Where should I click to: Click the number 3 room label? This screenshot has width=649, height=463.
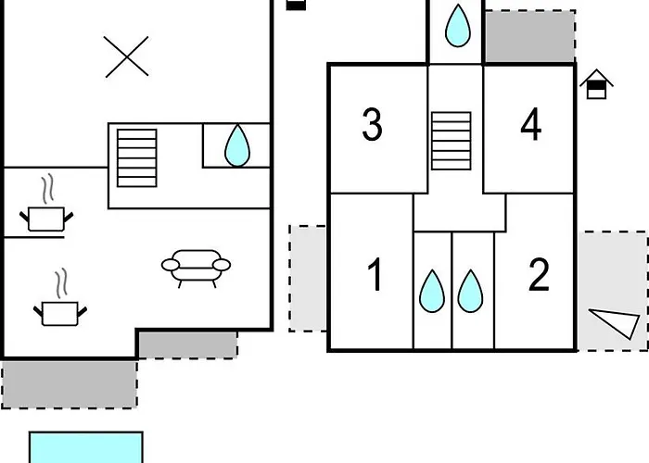(x=372, y=124)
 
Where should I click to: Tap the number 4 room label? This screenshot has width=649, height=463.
(x=531, y=124)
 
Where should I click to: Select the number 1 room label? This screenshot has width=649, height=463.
(x=375, y=274)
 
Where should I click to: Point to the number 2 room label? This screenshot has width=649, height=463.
(x=539, y=274)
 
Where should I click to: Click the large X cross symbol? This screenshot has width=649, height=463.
(x=126, y=56)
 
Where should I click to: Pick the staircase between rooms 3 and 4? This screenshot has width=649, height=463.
(x=452, y=141)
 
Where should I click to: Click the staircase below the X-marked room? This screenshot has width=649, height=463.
(x=137, y=158)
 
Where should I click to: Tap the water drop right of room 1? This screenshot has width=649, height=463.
(x=432, y=291)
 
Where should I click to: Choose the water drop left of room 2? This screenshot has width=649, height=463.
(x=470, y=291)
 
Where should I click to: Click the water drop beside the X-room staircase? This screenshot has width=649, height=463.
(x=237, y=145)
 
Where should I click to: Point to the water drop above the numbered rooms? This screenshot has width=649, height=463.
(x=458, y=26)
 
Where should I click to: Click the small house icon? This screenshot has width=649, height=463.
(x=596, y=84)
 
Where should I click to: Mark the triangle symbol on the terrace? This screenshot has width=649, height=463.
(x=615, y=322)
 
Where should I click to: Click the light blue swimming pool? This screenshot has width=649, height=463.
(x=86, y=447)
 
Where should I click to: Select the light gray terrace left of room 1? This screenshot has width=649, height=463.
(x=308, y=278)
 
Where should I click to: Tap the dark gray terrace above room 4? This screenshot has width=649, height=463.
(x=529, y=37)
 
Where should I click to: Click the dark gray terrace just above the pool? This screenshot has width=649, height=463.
(x=70, y=384)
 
